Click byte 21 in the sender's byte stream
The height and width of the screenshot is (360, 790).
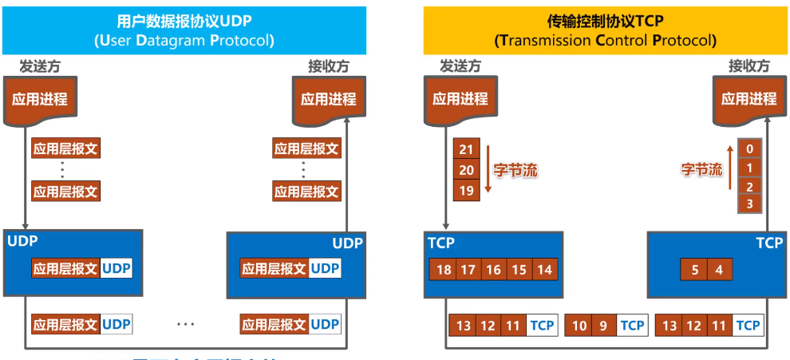(467, 149)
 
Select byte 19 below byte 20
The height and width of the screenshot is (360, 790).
(467, 190)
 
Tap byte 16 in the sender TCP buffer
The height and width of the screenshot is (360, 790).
(493, 270)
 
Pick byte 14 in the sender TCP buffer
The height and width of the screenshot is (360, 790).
(544, 270)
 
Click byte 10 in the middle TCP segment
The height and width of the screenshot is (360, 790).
(579, 325)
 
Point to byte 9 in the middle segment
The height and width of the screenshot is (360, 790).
(603, 325)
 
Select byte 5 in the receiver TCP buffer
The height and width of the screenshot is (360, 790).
(695, 270)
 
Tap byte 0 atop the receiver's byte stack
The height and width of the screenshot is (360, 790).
(749, 149)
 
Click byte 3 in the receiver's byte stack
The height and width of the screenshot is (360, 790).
(749, 204)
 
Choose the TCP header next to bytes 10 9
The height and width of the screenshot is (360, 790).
(632, 325)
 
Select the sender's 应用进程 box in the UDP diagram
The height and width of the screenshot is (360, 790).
(39, 100)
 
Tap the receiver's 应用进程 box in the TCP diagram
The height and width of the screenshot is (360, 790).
(749, 100)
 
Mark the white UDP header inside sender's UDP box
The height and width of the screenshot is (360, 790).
(117, 269)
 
